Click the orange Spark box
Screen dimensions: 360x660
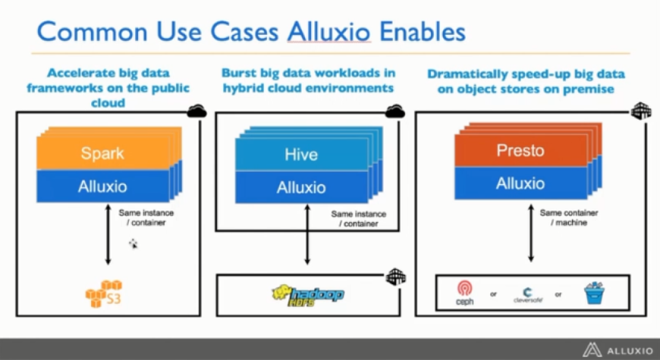103,153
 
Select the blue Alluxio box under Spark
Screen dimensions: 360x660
103,185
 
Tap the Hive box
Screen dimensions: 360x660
301,154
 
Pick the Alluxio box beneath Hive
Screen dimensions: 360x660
301,187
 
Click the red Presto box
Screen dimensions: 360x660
521,150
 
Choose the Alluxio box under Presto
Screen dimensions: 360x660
521,183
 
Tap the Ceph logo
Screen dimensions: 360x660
464,293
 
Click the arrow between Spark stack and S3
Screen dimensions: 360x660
108,235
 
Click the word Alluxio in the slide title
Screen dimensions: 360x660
329,31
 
